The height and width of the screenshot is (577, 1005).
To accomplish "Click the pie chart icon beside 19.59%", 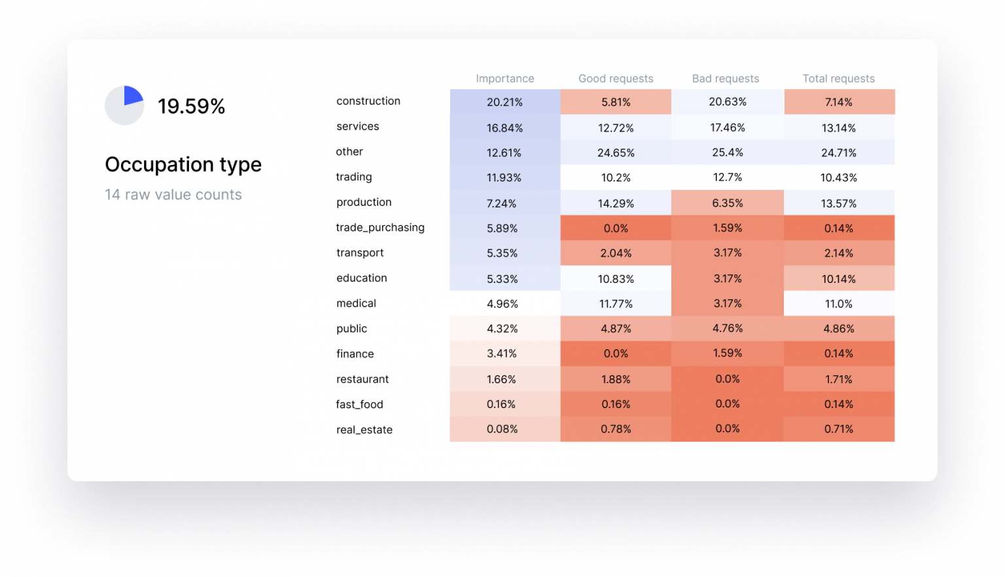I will pos(124,105).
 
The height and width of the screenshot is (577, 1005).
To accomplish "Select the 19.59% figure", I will pos(191,106).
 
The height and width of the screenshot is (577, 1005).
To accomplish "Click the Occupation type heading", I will pos(183,164).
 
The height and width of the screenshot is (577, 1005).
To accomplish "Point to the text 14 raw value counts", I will pos(173,195).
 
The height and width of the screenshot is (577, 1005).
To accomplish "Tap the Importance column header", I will pos(504,79).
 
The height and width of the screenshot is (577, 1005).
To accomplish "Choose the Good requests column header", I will pos(616,79).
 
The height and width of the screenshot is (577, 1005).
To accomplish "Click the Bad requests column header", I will pos(726,79).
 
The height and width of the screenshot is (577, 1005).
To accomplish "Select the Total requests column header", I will pos(838,79).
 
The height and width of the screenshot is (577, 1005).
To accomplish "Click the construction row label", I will pos(368,101).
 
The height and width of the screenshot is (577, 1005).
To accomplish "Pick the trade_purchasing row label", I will pos(380,227).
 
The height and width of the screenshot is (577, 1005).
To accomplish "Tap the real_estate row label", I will pos(364,430).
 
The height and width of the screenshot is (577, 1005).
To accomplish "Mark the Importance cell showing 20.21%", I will pos(504,102).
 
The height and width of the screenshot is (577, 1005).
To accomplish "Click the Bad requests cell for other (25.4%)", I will pos(727,153).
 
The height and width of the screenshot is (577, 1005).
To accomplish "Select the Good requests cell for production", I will pos(616,204).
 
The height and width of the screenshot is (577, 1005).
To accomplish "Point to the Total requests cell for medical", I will pos(838,304).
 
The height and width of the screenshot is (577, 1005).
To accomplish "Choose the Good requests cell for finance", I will pos(616,354).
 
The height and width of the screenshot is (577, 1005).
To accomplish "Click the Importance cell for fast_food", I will pos(504,404).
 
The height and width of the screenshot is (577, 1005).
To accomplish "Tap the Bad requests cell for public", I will pos(727,329).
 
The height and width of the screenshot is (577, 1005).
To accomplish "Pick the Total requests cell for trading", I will pos(838,177).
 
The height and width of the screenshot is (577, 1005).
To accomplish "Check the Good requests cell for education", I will pos(616,279).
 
